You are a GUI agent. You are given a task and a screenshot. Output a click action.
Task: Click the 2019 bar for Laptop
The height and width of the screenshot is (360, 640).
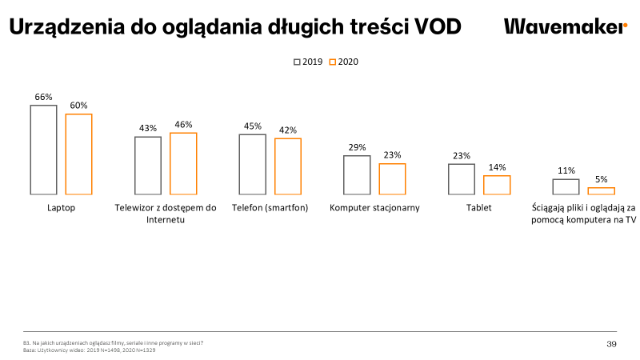click(x=43, y=150)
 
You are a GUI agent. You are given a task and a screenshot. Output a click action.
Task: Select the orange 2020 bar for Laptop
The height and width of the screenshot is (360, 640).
click(x=78, y=154)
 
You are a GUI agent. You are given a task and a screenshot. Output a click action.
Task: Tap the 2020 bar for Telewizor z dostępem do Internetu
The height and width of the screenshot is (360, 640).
click(x=183, y=163)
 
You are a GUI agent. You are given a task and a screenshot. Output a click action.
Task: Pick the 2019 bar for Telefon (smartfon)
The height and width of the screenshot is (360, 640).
click(x=253, y=164)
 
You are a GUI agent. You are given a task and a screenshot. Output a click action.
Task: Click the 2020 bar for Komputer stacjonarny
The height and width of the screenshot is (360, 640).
click(x=392, y=178)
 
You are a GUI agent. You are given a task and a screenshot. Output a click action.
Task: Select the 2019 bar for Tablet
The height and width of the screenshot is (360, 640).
click(x=462, y=178)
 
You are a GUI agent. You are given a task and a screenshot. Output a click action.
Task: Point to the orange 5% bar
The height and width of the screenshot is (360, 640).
click(x=601, y=190)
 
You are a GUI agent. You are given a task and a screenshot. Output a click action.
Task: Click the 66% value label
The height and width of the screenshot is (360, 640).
click(x=43, y=97)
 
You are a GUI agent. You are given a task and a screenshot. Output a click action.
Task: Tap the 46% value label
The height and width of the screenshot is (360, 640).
click(x=183, y=125)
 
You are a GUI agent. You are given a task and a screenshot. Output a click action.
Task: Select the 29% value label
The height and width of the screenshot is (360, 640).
click(x=357, y=147)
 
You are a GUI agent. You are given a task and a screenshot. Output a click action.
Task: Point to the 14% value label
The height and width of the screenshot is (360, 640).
click(x=497, y=167)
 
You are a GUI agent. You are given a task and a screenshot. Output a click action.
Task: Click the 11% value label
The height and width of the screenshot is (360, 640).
click(x=566, y=170)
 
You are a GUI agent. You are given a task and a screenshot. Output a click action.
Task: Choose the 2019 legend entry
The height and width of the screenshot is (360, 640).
click(x=308, y=62)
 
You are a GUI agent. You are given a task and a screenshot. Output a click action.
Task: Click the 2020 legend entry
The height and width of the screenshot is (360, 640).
click(x=343, y=62)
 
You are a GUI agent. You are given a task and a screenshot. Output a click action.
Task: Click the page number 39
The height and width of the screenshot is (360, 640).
click(x=611, y=344)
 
